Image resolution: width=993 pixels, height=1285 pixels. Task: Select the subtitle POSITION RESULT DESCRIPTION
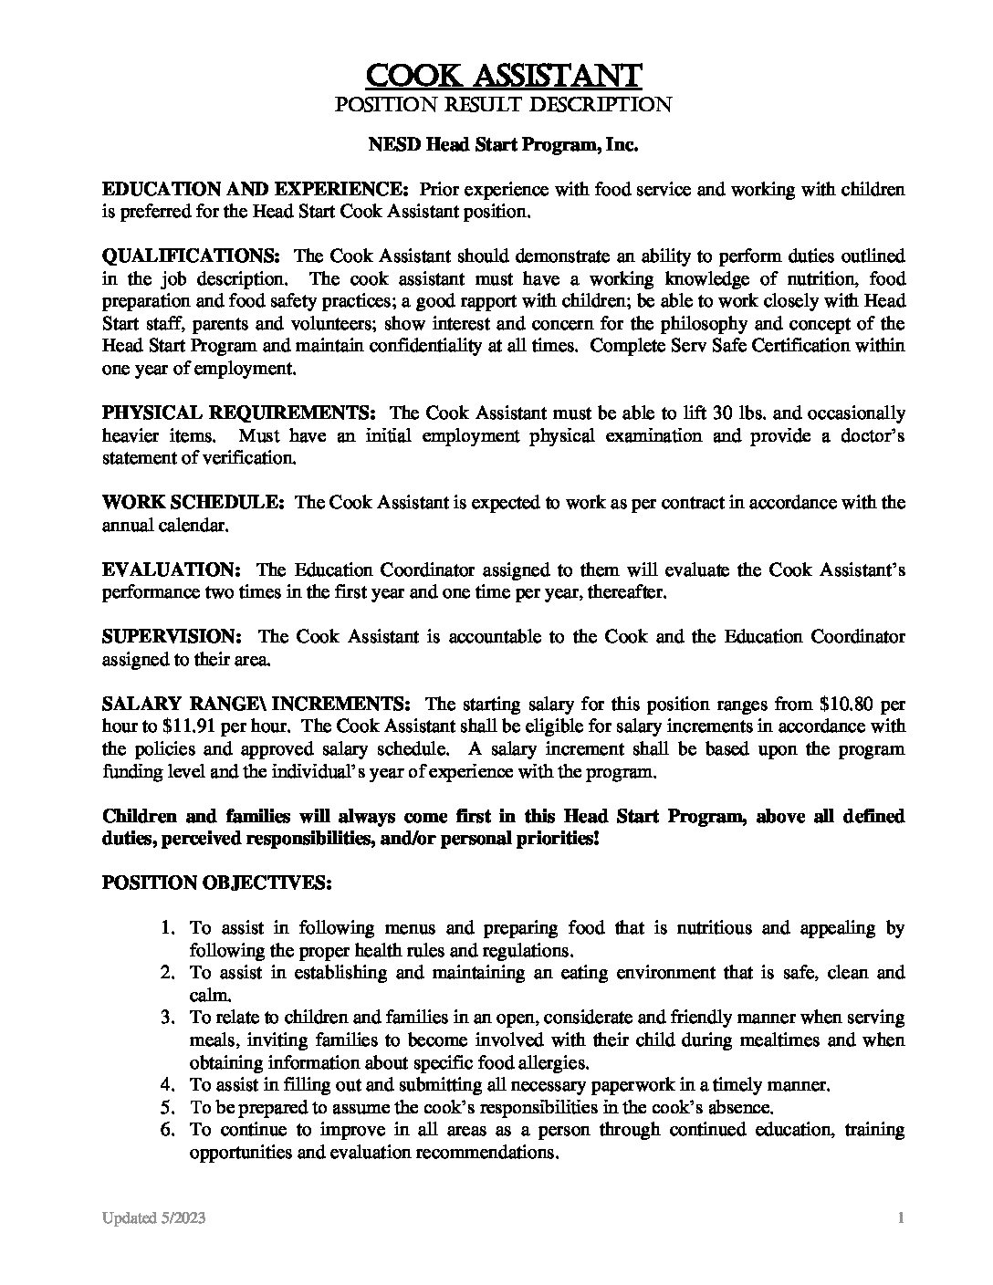click(504, 105)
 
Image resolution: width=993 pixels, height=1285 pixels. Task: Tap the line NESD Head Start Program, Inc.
click(503, 145)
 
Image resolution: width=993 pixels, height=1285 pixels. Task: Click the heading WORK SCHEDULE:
click(194, 503)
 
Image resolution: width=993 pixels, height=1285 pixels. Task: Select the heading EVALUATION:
click(172, 570)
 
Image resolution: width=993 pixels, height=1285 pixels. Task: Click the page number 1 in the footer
click(900, 1219)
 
